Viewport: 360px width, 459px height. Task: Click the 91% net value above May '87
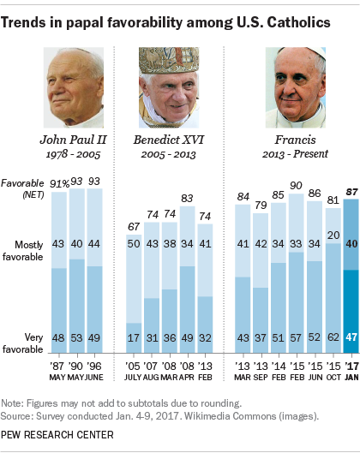coord(60,182)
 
